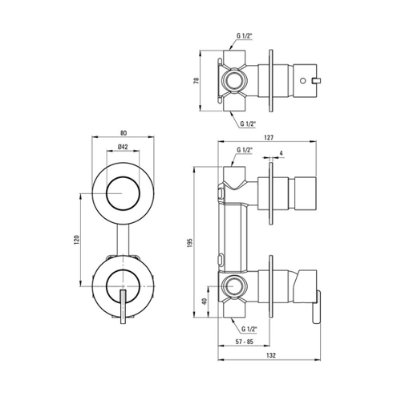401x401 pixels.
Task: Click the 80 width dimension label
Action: [x=124, y=132]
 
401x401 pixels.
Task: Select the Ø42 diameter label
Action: [x=123, y=147]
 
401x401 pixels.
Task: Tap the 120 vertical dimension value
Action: [x=76, y=240]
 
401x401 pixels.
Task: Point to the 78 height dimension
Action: [x=196, y=81]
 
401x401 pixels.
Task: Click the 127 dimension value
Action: [x=269, y=137]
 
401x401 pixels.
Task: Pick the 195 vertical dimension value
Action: [x=190, y=243]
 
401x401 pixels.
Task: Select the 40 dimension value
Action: [x=205, y=302]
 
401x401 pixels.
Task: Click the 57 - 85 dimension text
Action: [x=244, y=342]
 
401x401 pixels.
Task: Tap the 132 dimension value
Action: [x=271, y=355]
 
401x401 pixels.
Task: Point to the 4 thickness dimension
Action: [x=281, y=153]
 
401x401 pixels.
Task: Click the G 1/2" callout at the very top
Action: [x=245, y=36]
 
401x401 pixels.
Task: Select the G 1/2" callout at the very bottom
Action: [x=249, y=329]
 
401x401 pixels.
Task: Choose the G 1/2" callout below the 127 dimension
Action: [x=245, y=150]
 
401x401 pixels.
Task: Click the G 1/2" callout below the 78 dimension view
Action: [x=248, y=124]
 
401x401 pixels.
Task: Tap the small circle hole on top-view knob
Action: [x=303, y=80]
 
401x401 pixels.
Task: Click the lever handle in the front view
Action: [x=123, y=306]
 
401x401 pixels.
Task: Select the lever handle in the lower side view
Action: [x=316, y=307]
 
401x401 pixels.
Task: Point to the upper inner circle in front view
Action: [x=123, y=193]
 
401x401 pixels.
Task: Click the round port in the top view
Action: [x=234, y=80]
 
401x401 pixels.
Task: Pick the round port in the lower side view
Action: [x=234, y=286]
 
